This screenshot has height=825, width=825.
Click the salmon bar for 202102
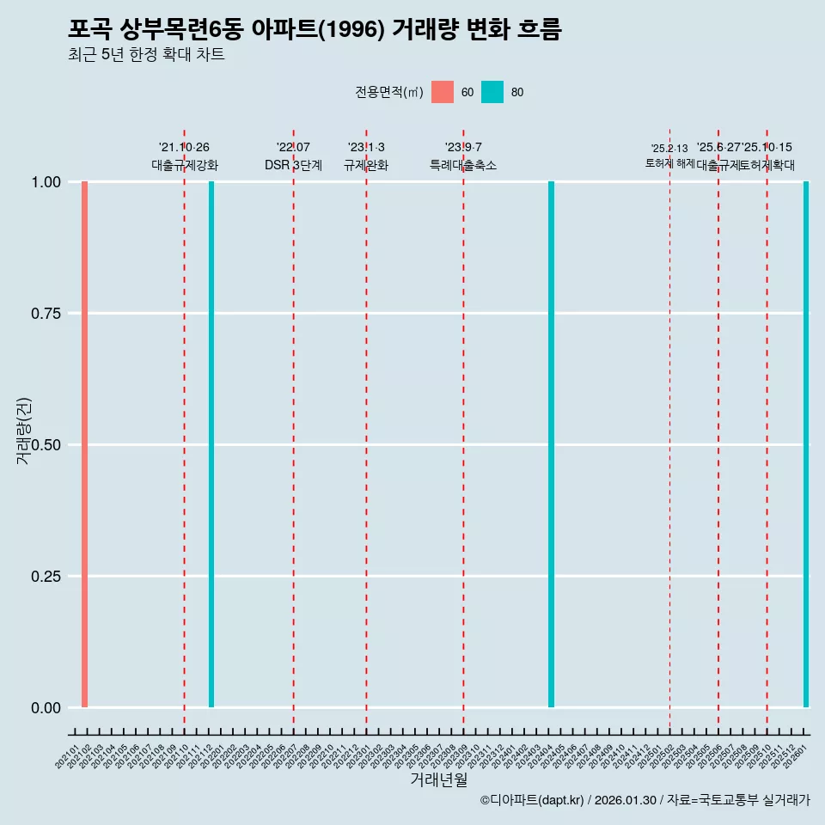pyautogui.click(x=84, y=444)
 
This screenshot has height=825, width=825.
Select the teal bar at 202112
pyautogui.click(x=211, y=444)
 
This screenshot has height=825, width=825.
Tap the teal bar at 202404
pyautogui.click(x=551, y=444)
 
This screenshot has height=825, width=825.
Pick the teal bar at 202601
pyautogui.click(x=806, y=444)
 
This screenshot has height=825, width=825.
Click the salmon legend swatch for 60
pyautogui.click(x=443, y=92)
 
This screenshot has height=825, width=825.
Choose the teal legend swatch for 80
pyautogui.click(x=492, y=92)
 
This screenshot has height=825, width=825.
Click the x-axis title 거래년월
pyautogui.click(x=438, y=780)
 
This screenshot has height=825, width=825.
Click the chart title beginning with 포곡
pyautogui.click(x=315, y=30)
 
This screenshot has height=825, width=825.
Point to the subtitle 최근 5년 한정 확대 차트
pyautogui.click(x=146, y=56)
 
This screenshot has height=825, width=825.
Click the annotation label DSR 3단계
pyautogui.click(x=293, y=165)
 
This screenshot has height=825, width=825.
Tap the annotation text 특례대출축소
pyautogui.click(x=463, y=165)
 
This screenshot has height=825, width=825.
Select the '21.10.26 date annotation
pyautogui.click(x=184, y=147)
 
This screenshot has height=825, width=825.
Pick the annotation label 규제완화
pyautogui.click(x=366, y=165)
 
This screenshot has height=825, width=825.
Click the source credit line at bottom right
pyautogui.click(x=645, y=801)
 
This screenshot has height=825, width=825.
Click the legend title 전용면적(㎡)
pyautogui.click(x=388, y=92)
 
